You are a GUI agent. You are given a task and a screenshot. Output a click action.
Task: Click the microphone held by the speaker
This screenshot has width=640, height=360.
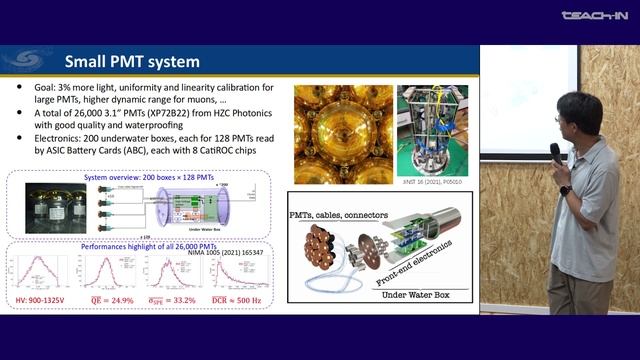[555, 153]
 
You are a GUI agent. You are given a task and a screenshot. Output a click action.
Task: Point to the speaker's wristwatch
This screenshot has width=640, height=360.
[565, 190]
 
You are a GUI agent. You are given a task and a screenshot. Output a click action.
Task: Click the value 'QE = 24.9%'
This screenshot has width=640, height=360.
[111, 302]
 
